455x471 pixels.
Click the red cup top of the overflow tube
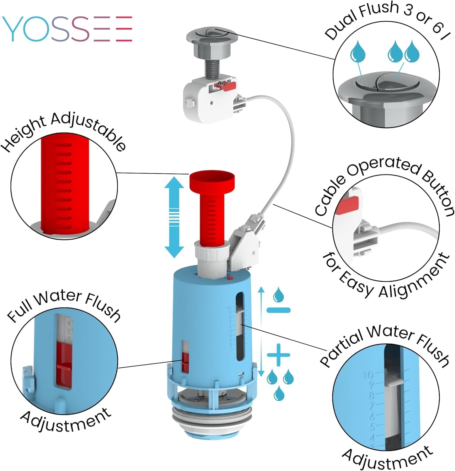(212, 182)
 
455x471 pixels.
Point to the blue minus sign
(278, 310)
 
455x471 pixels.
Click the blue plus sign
(278, 355)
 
